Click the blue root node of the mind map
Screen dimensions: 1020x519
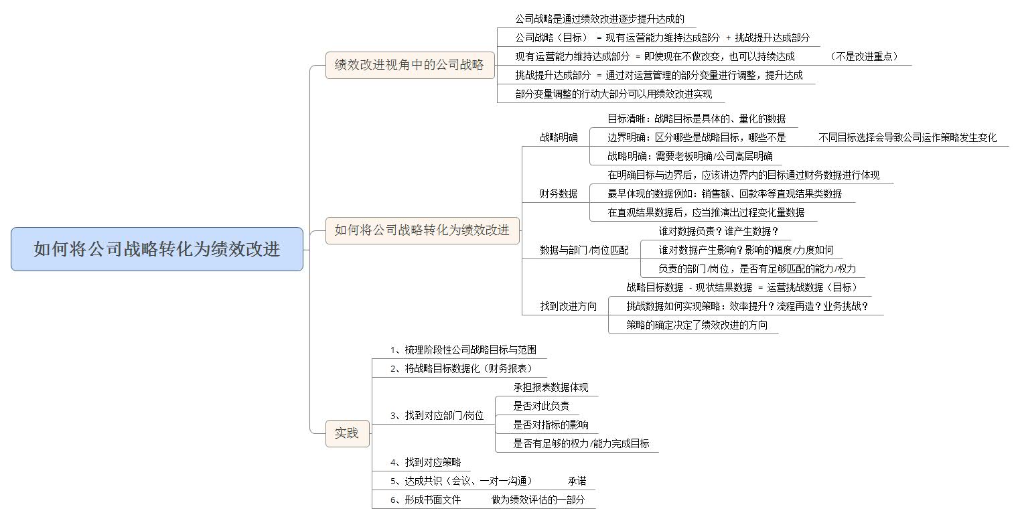coord(157,249)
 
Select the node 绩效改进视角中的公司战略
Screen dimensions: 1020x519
coord(410,65)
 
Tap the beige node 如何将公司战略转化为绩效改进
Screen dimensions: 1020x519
coord(422,230)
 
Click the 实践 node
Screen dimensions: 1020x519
coord(347,433)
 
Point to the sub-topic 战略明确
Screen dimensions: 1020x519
coord(559,137)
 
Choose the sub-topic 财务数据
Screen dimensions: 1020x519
coord(559,194)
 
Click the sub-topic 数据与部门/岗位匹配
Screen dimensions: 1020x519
coord(584,250)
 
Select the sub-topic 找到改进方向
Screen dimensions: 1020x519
coord(569,307)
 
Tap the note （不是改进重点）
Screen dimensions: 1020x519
coord(863,56)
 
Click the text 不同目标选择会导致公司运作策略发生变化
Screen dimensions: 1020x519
coord(907,137)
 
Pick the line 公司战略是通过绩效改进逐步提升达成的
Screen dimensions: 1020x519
coord(599,19)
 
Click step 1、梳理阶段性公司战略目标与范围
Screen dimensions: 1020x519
coord(463,350)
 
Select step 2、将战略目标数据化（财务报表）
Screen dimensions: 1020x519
coord(461,368)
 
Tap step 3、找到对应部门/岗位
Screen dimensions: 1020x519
coord(437,415)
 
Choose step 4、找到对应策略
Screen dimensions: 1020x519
coord(425,462)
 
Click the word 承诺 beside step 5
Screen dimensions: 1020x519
coord(577,481)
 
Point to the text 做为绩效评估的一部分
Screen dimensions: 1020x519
coord(538,500)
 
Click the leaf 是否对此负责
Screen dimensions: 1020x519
coord(541,406)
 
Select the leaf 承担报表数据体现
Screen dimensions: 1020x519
coord(551,388)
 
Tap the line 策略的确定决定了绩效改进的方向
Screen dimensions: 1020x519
coord(697,325)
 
